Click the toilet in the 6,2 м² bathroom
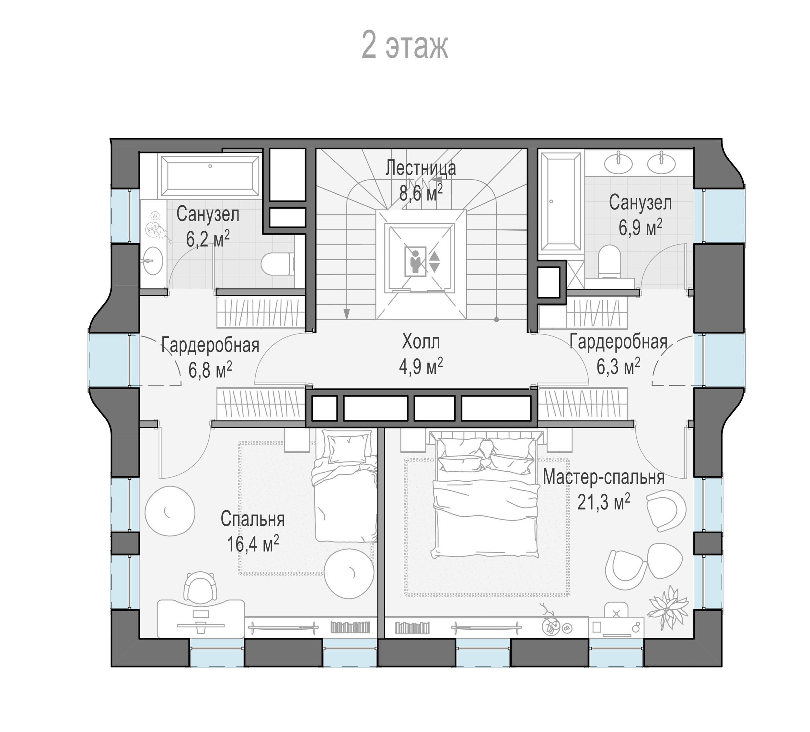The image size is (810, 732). click(x=277, y=264)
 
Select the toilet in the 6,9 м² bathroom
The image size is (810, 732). click(x=609, y=261)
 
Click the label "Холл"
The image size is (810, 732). click(x=421, y=342)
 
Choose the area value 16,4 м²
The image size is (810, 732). click(x=253, y=544)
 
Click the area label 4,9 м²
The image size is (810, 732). click(x=421, y=366)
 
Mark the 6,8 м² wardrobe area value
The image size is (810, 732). click(x=210, y=370)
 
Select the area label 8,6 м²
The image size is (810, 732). click(x=421, y=193)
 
